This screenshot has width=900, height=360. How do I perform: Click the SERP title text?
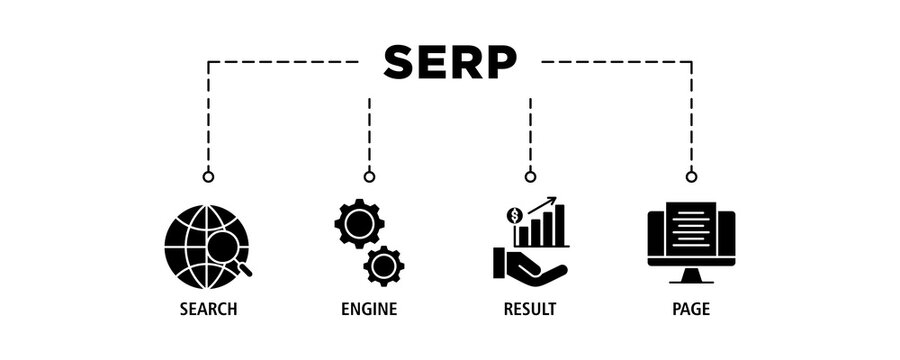click(450, 62)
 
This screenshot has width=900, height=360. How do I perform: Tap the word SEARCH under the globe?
click(208, 309)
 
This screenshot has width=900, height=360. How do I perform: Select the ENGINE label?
click(369, 309)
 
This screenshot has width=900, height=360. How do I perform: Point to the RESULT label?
click(530, 309)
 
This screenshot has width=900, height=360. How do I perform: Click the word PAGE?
click(691, 309)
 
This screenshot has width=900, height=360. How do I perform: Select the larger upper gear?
click(357, 222)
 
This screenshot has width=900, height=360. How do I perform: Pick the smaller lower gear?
click(383, 265)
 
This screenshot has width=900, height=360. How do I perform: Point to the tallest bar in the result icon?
click(559, 225)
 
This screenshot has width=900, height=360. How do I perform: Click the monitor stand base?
click(691, 279)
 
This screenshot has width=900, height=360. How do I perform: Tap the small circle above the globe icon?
click(208, 177)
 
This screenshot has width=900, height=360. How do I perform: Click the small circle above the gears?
click(369, 177)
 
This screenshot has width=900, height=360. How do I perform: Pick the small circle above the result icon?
click(530, 177)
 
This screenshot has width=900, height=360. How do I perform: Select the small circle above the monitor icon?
click(691, 177)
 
